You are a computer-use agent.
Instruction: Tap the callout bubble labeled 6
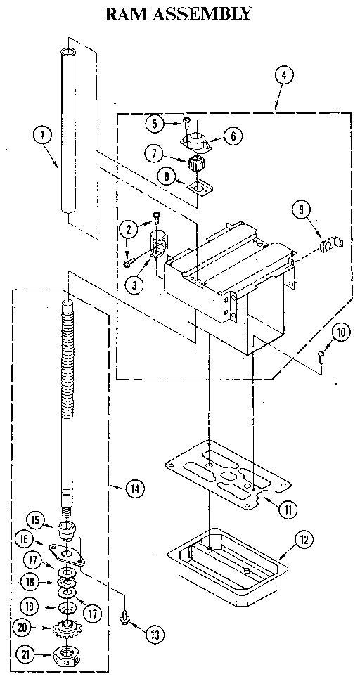(232, 137)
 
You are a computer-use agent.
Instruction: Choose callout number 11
(285, 510)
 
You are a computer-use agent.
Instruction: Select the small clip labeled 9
(328, 246)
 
